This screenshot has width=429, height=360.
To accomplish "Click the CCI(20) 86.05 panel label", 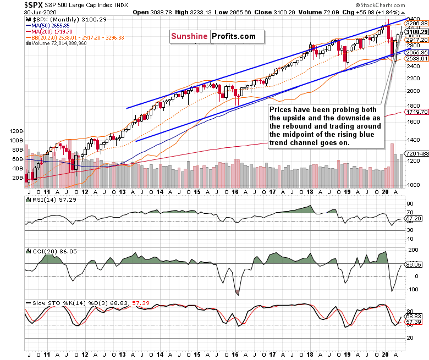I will click(x=48, y=251).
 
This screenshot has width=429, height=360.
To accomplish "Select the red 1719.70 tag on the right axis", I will click(x=416, y=112).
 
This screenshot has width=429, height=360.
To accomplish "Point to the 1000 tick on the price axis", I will click(x=412, y=185).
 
